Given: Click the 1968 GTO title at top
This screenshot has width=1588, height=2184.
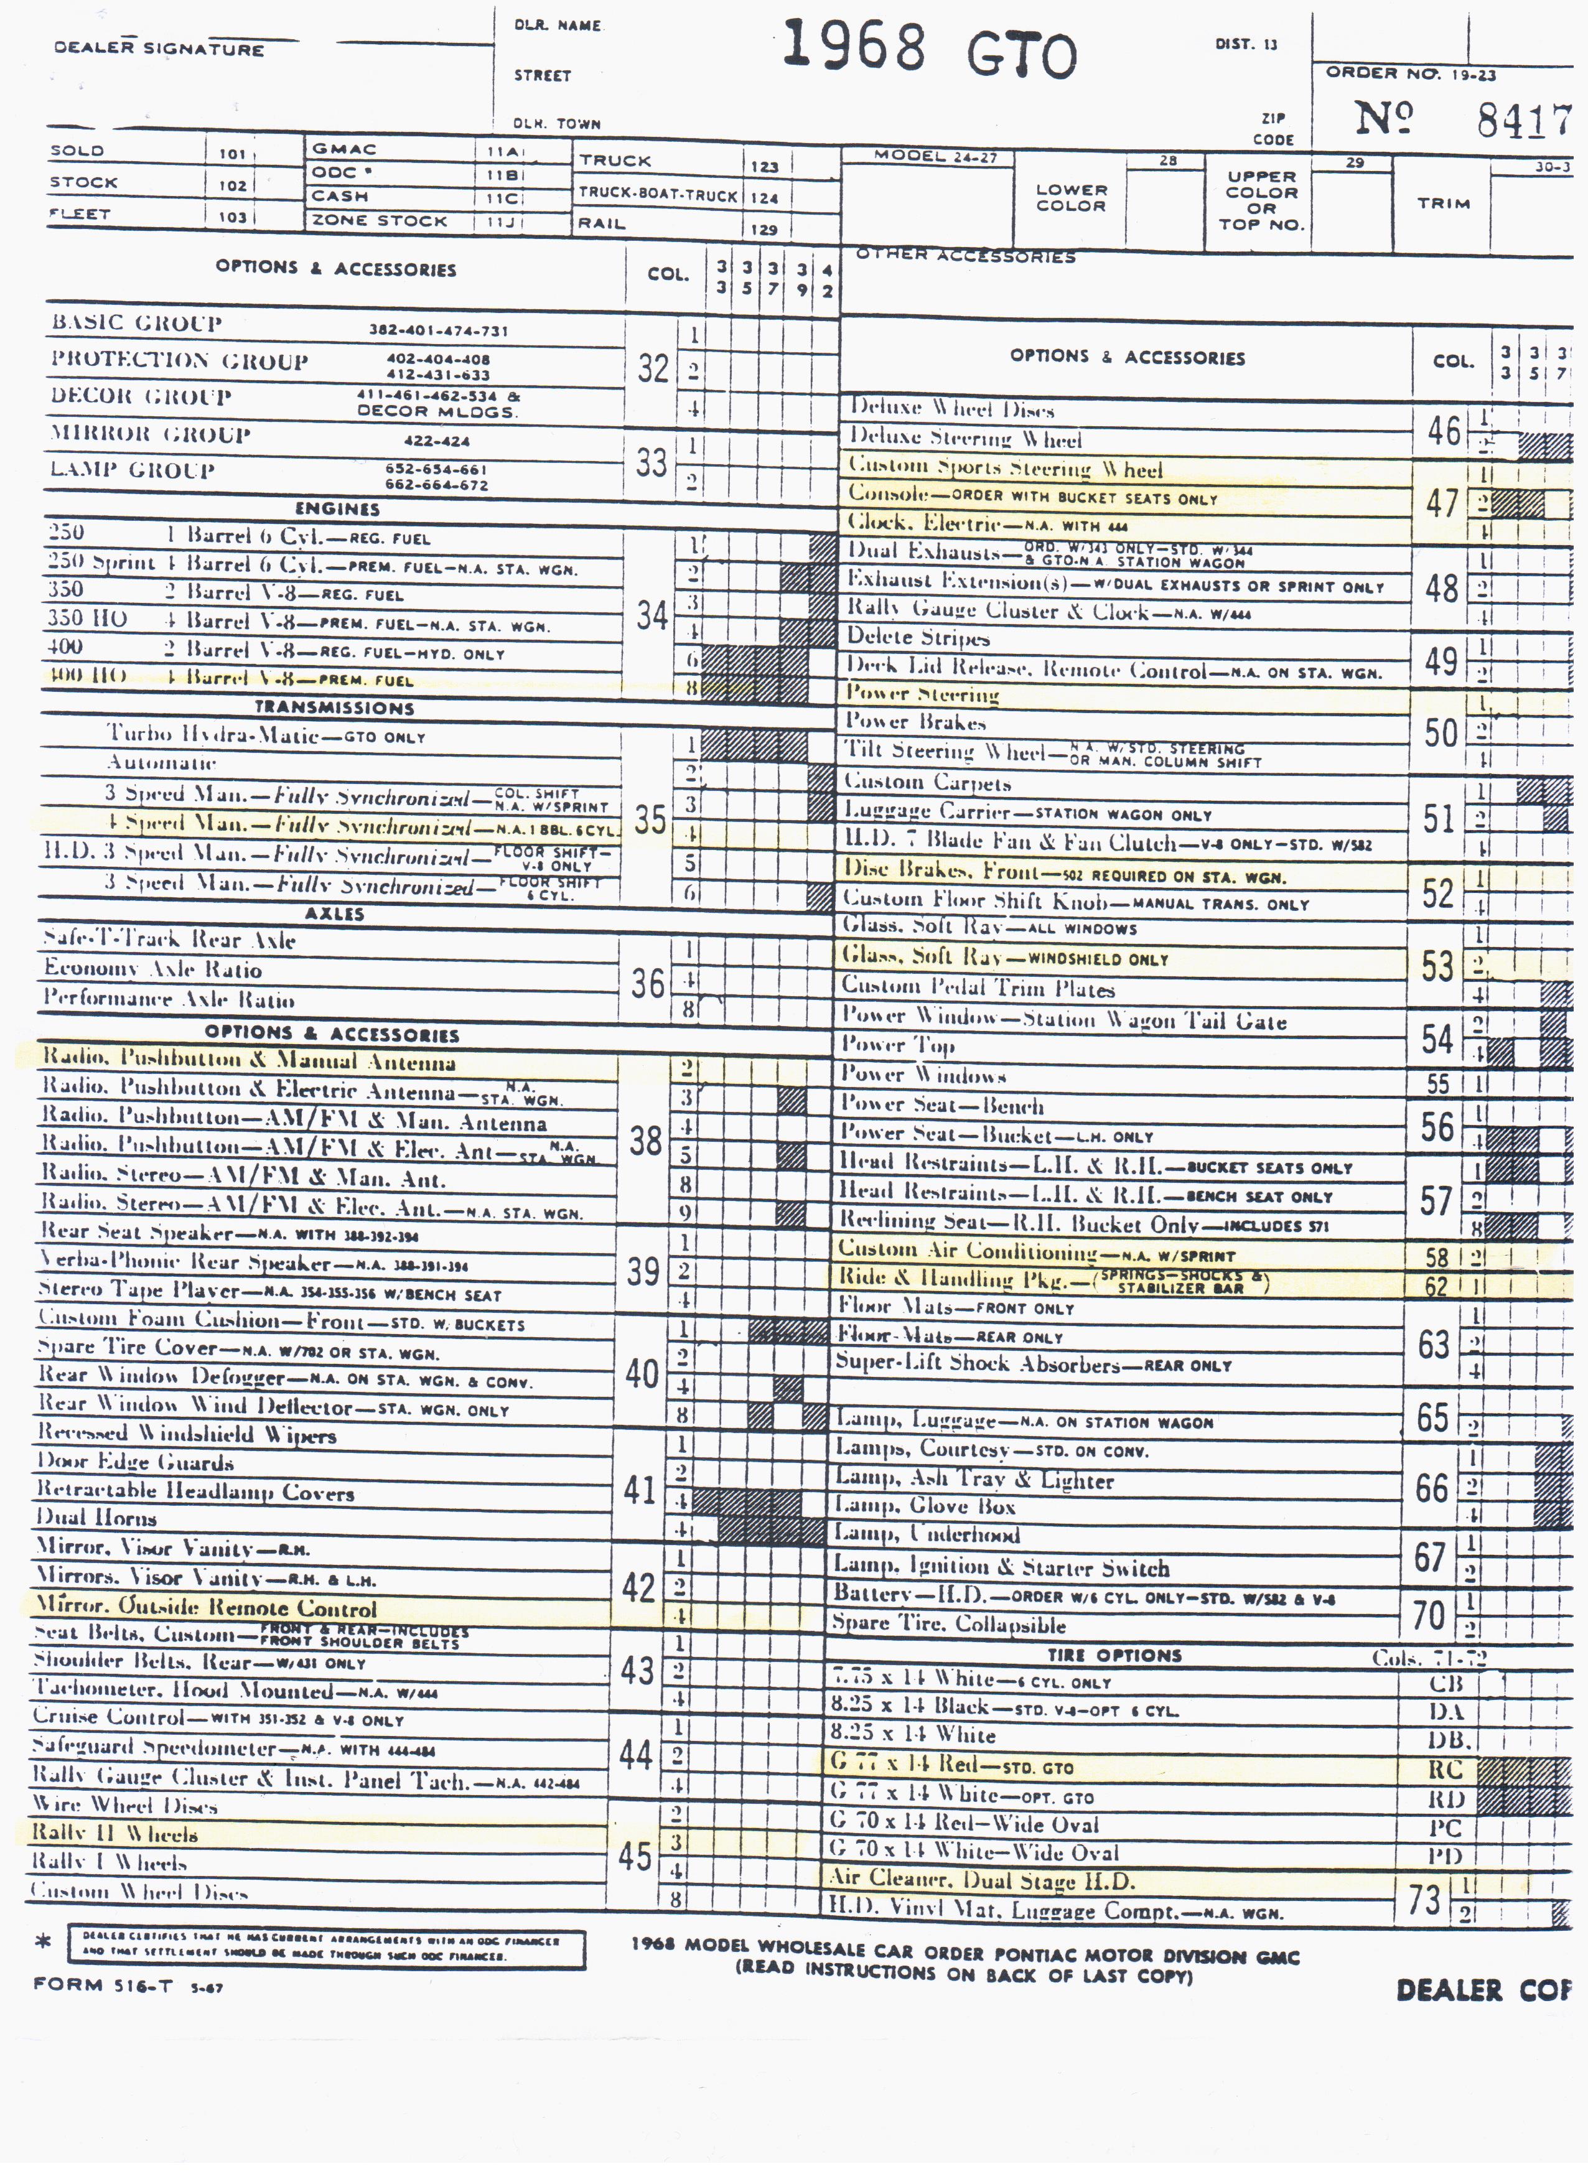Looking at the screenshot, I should click(x=928, y=50).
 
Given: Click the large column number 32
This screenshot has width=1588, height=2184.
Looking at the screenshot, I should click(x=653, y=368).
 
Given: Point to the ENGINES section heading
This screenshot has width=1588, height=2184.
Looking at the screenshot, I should click(x=337, y=508).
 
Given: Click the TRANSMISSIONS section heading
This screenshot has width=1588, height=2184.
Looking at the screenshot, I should click(x=334, y=708).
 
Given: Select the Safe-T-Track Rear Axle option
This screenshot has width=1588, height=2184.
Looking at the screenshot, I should click(x=169, y=940).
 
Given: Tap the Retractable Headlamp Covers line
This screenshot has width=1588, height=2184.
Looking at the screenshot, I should click(x=195, y=1493).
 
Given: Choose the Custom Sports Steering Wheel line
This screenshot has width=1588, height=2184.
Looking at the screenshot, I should click(x=1006, y=469).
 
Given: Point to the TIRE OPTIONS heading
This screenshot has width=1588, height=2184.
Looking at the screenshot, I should click(x=1114, y=1655).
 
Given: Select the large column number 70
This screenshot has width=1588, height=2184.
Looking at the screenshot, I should click(x=1430, y=1615).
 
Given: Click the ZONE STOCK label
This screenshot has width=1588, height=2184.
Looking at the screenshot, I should click(x=380, y=220).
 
